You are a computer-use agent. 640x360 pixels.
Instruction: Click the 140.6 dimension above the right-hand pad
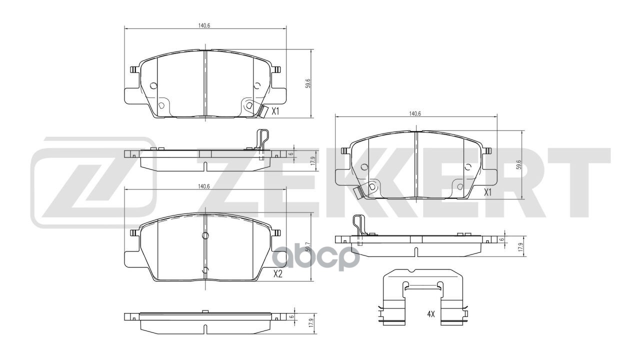tap(415, 113)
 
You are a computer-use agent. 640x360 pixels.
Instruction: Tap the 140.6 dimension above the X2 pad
tap(203, 186)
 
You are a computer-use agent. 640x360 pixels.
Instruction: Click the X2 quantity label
tap(278, 274)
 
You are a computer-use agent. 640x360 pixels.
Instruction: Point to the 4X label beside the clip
tap(431, 314)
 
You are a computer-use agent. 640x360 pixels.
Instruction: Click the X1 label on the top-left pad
tap(275, 112)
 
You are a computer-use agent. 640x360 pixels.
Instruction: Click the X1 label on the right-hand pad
tap(488, 192)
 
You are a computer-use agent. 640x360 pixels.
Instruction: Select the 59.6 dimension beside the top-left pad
tap(308, 83)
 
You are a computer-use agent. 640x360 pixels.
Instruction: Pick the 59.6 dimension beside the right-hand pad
tap(520, 164)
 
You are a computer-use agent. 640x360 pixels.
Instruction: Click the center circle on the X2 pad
tap(205, 236)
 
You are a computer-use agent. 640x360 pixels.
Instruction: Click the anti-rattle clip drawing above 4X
tap(423, 295)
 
